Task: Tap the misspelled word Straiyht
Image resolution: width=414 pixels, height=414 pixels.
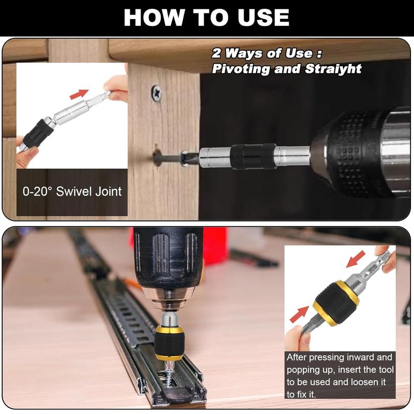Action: tap(333, 69)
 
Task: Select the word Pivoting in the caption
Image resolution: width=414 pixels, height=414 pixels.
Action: tap(241, 69)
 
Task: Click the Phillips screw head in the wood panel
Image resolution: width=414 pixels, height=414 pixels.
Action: tap(157, 93)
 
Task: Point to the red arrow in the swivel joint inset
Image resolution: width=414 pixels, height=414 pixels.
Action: tap(79, 94)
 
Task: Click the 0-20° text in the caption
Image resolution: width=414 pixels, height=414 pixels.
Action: tap(37, 191)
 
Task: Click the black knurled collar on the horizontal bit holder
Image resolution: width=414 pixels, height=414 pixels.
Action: tap(253, 157)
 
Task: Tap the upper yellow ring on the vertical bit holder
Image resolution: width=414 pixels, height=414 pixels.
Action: tap(169, 329)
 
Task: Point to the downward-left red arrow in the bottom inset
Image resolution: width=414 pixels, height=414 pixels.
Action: tap(356, 259)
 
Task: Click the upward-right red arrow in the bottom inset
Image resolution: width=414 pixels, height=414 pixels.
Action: tap(300, 314)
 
